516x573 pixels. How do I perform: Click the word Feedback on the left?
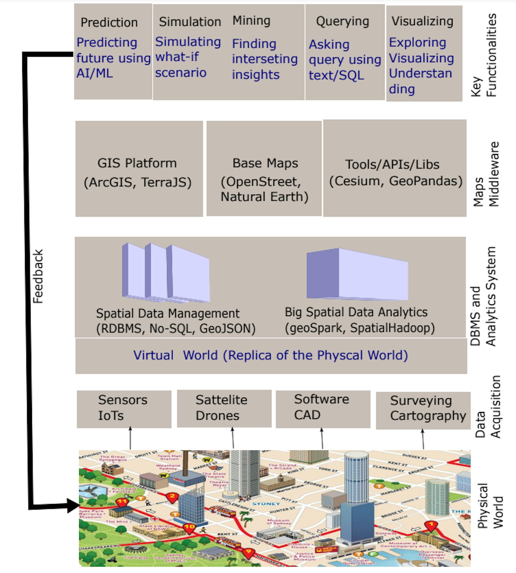38,277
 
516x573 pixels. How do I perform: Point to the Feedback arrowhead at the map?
73,506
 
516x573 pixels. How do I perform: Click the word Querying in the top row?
342,21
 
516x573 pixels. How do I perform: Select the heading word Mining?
252,21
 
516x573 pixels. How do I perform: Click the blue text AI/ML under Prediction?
95,73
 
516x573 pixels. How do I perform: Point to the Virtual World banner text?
271,355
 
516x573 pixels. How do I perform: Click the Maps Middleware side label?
486,174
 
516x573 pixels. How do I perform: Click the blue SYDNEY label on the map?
266,504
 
